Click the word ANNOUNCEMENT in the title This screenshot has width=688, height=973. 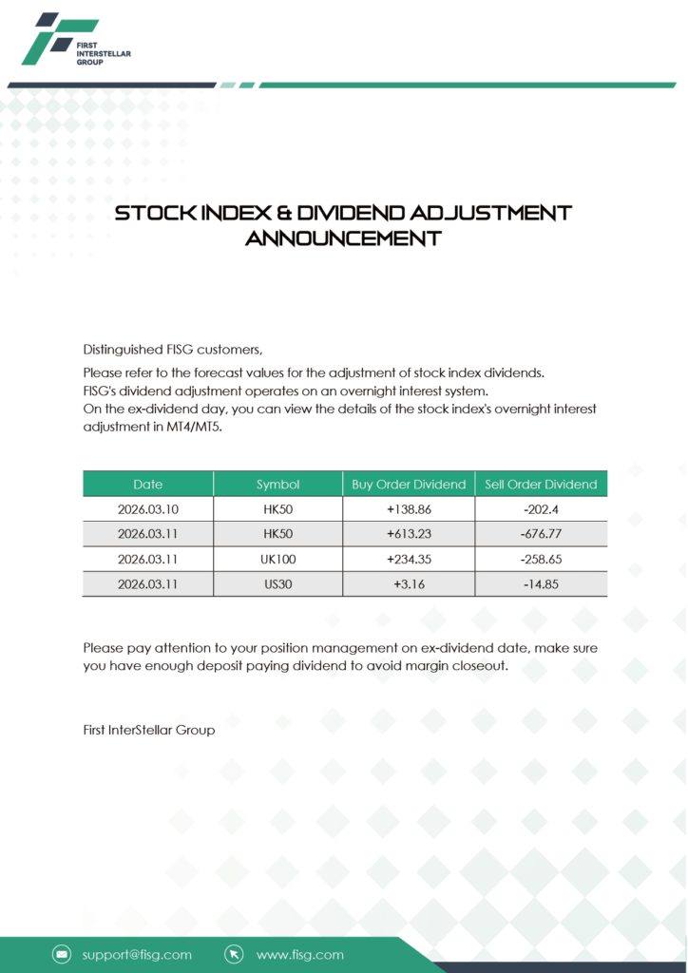point(343,238)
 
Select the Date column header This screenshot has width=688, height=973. point(148,484)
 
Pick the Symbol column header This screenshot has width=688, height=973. point(277,484)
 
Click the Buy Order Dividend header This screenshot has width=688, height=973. point(409,484)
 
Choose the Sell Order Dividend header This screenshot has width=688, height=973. point(541,484)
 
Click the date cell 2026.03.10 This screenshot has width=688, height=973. point(148,509)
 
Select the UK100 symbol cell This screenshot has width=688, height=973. point(277,560)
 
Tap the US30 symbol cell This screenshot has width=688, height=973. point(277,584)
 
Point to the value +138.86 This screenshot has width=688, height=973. point(409,509)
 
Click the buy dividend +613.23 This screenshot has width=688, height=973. point(409,534)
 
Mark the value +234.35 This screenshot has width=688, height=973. point(409,560)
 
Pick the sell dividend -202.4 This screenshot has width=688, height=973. point(541,509)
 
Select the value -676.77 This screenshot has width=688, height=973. point(541,534)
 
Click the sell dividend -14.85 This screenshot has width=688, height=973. point(541,584)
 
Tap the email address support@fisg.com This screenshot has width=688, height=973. point(137,954)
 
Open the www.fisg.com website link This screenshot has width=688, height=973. point(300,954)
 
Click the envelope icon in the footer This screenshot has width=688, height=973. point(62,954)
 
